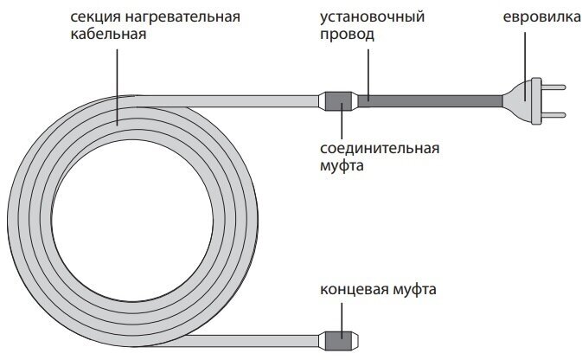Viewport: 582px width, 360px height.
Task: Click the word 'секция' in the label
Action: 93,16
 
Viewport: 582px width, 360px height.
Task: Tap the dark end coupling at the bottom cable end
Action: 340,337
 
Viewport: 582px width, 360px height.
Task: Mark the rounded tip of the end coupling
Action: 357,337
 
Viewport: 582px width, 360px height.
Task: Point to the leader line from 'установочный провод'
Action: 368,69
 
